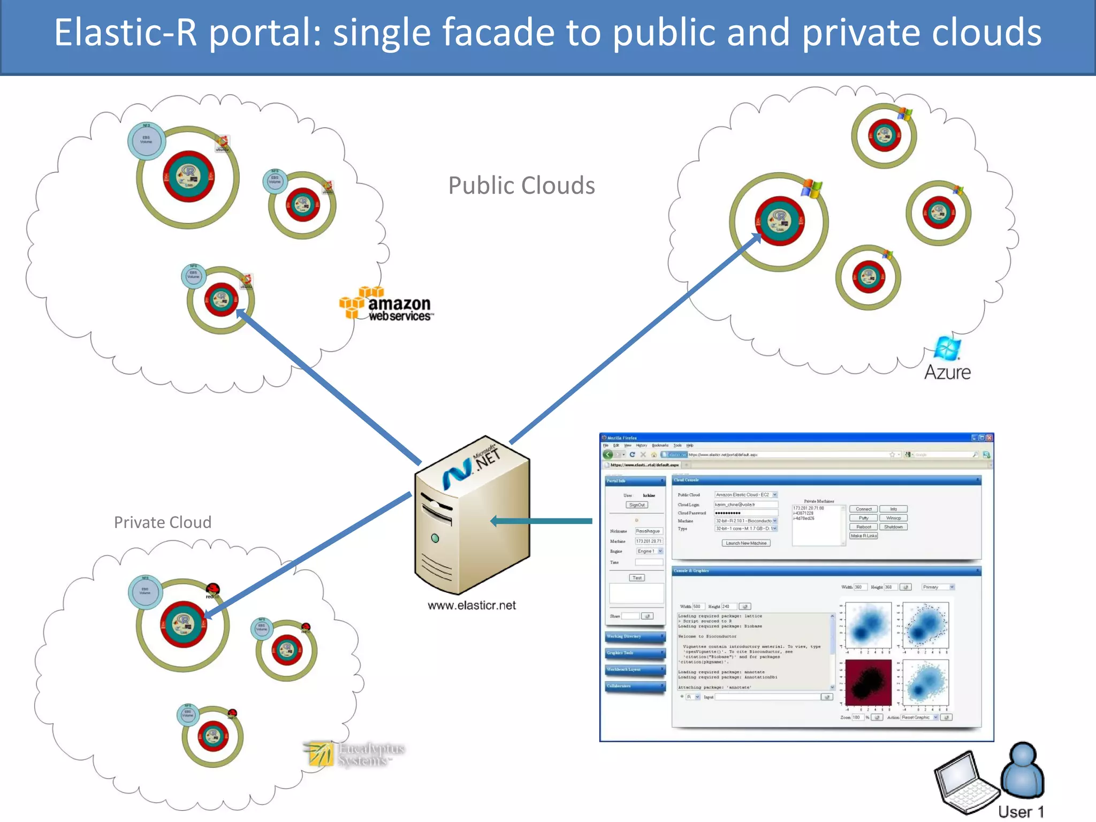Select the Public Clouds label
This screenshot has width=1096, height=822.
(x=521, y=186)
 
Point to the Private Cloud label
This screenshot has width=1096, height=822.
(x=163, y=522)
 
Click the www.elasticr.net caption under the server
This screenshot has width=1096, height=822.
(x=471, y=605)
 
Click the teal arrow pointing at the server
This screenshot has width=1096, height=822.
(x=541, y=521)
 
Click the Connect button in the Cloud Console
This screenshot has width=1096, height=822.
(x=863, y=509)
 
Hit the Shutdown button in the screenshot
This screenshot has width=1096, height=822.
(x=893, y=527)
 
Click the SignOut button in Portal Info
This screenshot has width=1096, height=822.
(x=637, y=505)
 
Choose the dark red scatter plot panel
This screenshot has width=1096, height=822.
(x=868, y=682)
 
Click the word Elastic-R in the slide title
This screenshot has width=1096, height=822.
(x=126, y=33)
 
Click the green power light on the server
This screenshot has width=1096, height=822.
(x=435, y=538)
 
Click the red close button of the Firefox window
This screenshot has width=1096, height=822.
(x=990, y=438)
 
